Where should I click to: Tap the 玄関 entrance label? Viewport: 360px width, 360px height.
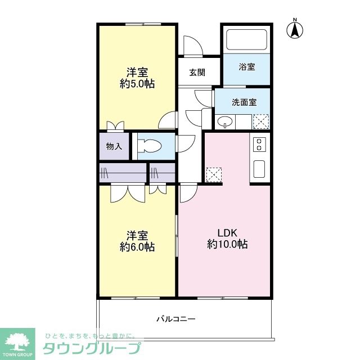tap(197, 72)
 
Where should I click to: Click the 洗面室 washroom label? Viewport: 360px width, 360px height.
tap(244, 102)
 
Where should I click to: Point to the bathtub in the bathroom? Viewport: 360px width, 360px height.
tap(247, 40)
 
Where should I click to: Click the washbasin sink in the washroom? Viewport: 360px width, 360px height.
tap(225, 121)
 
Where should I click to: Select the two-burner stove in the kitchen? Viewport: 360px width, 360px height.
tap(259, 144)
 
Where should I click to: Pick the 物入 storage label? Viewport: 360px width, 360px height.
tap(114, 146)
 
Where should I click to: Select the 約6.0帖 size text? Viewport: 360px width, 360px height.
tap(137, 247)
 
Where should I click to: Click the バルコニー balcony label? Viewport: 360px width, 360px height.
tap(176, 319)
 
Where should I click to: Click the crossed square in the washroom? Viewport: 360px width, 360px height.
tap(260, 121)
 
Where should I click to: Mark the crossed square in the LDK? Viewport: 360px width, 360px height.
tap(214, 175)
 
